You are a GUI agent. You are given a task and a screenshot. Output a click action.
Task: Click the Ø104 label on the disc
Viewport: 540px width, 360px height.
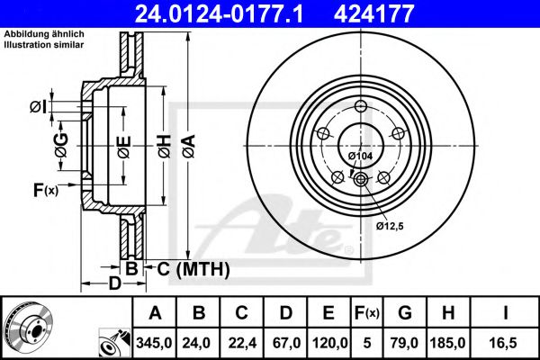point(361,157)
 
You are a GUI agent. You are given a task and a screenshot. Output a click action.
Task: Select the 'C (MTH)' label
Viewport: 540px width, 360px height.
point(188,269)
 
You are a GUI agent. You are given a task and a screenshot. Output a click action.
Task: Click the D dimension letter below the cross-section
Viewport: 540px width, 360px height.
point(113,284)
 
